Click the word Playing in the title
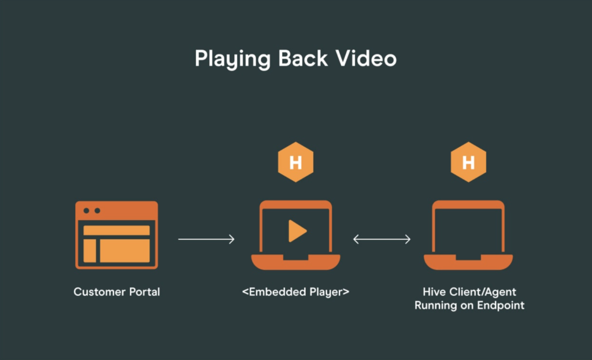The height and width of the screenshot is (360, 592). (232, 59)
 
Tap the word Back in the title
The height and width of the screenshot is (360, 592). (303, 58)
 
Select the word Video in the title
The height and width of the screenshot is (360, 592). (366, 58)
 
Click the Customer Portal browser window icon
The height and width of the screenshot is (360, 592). (117, 235)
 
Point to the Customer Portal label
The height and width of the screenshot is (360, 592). (117, 292)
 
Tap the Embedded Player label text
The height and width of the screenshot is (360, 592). (295, 292)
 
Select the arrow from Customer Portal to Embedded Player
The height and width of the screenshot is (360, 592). (206, 239)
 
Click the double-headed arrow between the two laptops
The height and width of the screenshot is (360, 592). (382, 239)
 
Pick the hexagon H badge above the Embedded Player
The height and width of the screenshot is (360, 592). (295, 162)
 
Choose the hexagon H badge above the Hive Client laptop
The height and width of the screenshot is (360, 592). (468, 162)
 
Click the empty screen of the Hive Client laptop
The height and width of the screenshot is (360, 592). (468, 231)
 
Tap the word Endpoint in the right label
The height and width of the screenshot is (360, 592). (501, 305)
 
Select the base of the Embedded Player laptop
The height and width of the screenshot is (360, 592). (295, 262)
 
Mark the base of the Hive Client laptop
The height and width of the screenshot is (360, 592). (468, 262)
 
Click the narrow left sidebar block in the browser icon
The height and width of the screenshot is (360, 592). (90, 251)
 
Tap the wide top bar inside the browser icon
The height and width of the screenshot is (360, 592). (117, 230)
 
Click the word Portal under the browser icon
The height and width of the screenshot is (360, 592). (145, 292)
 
